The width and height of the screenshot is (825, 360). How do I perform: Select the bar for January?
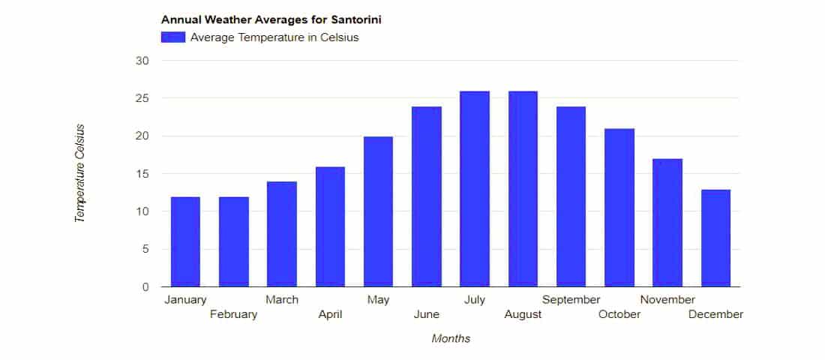185,241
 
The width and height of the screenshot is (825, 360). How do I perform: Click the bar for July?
475,189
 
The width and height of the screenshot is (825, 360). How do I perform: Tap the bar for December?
715,238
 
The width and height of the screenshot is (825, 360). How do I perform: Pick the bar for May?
378,211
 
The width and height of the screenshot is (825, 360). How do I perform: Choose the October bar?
619,207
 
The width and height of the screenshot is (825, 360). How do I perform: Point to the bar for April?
330,226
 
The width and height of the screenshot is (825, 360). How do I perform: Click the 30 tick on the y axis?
143,61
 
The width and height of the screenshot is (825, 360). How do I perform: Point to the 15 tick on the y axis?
143,174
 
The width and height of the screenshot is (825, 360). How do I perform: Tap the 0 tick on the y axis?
145,287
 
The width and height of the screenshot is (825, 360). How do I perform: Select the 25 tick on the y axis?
143,98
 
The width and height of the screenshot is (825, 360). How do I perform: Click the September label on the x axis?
571,300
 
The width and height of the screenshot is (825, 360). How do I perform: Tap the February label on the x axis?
233,315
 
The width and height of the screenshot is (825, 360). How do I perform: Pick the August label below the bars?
523,315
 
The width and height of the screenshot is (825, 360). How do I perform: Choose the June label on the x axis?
426,315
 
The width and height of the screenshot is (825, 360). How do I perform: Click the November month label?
667,300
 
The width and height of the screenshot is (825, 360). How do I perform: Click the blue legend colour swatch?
173,37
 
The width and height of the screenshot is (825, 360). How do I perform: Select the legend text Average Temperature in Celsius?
274,37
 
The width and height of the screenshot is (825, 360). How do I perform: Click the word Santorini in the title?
356,20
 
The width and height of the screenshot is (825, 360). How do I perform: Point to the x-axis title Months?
451,338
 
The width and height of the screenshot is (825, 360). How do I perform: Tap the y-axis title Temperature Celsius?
80,174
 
